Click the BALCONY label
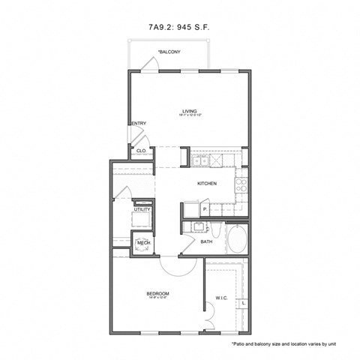(168, 52)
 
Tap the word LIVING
(188, 109)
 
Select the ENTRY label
(139, 124)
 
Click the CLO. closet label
(141, 151)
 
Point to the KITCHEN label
(207, 184)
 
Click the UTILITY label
(142, 210)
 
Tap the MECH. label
(143, 243)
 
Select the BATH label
(206, 241)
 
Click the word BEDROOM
(157, 293)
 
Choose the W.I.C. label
(221, 298)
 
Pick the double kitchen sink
(200, 160)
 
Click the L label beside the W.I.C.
(244, 302)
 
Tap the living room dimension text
(188, 115)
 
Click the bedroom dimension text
(157, 298)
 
